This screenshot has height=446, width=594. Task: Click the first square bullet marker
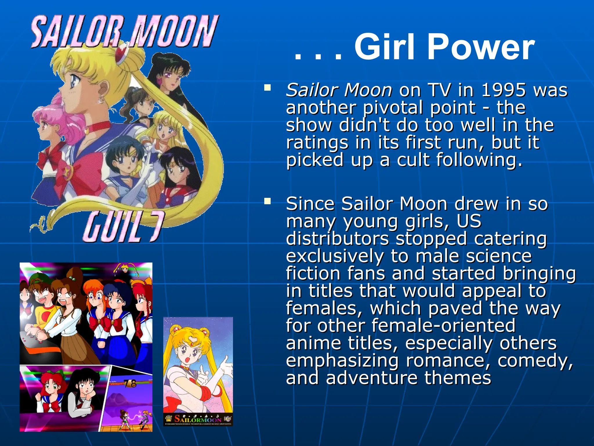267,87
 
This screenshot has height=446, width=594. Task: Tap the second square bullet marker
267,201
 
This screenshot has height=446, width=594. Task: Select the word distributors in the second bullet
337,239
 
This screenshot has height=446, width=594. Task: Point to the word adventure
371,378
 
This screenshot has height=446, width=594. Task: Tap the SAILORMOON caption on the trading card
198,419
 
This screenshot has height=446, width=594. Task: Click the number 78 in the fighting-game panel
130,384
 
